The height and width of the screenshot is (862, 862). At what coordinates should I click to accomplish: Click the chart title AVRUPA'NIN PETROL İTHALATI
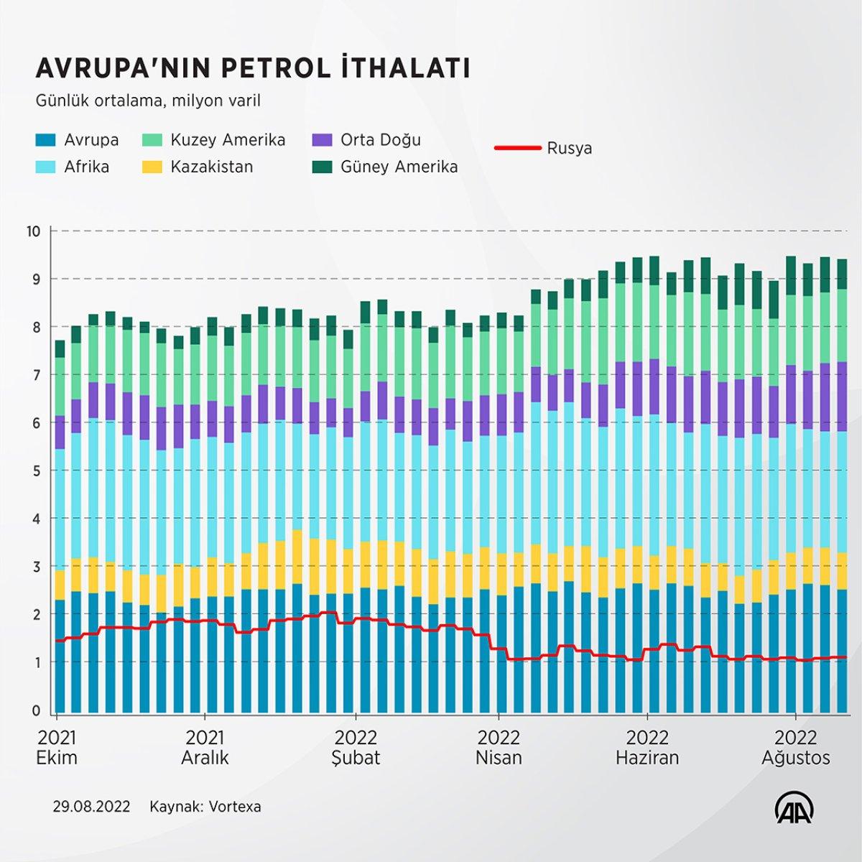click(x=253, y=68)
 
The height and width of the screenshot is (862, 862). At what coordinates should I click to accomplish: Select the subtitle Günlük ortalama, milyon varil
click(x=148, y=101)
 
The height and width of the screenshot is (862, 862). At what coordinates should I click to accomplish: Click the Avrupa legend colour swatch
click(x=45, y=140)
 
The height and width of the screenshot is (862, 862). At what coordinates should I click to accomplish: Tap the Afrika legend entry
click(x=86, y=167)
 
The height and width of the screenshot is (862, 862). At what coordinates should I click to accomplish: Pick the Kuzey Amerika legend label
click(x=228, y=140)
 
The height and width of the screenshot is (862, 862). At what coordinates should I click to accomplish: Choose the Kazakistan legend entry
click(x=211, y=167)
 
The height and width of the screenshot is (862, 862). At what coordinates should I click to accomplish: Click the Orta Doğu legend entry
click(x=380, y=140)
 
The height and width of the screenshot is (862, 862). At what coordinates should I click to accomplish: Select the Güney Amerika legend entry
click(x=399, y=167)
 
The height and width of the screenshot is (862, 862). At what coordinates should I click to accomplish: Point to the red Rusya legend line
click(x=517, y=148)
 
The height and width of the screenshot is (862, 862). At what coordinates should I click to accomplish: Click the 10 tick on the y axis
click(x=33, y=231)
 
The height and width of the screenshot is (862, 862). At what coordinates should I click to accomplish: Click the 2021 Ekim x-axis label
click(x=57, y=748)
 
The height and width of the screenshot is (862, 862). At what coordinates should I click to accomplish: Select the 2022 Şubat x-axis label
click(x=356, y=748)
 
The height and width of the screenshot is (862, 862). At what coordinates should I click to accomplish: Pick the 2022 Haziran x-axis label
click(x=647, y=748)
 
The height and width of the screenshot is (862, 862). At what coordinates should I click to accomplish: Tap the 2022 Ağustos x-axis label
click(x=795, y=748)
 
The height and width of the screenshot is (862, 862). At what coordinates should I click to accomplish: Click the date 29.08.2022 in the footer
click(x=91, y=807)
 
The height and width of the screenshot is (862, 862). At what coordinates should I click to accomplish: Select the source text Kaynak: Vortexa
click(x=205, y=807)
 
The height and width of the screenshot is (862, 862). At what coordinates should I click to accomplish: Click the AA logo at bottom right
click(x=794, y=810)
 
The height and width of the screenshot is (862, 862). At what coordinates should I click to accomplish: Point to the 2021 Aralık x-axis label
click(x=205, y=748)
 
